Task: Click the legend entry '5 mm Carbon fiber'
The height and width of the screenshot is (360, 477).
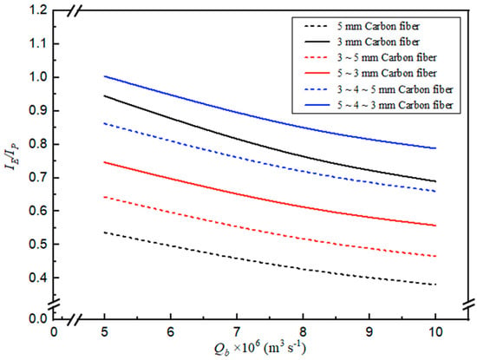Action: [x=378, y=26]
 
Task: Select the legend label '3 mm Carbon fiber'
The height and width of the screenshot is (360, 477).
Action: [x=378, y=42]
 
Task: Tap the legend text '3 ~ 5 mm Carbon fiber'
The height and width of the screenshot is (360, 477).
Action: [x=387, y=57]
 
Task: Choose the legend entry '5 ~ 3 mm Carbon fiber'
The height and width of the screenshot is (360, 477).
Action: [x=387, y=74]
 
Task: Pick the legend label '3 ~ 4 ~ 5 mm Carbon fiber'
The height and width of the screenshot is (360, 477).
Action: [x=395, y=89]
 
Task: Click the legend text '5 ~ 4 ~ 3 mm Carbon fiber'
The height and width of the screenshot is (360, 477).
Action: [x=395, y=105]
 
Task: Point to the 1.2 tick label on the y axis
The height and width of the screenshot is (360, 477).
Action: [x=38, y=10]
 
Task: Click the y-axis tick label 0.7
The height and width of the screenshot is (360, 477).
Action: [x=38, y=178]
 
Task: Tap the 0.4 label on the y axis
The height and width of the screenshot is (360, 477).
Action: [x=38, y=278]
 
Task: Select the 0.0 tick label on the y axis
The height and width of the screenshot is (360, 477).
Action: [x=38, y=318]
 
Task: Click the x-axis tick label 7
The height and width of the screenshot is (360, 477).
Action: [x=237, y=332]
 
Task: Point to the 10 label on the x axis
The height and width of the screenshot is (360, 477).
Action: [x=435, y=332]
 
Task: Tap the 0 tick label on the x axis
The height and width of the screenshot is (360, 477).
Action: [x=54, y=332]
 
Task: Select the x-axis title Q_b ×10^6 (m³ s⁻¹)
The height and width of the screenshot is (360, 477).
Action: [x=259, y=348]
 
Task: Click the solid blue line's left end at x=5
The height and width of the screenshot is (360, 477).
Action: [x=104, y=76]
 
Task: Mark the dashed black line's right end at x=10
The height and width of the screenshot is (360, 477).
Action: [x=436, y=285]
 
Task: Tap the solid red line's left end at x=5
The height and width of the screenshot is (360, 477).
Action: [x=104, y=162]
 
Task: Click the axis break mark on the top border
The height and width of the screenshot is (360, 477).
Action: [x=75, y=10]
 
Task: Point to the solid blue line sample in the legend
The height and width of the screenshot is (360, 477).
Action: [x=317, y=105]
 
